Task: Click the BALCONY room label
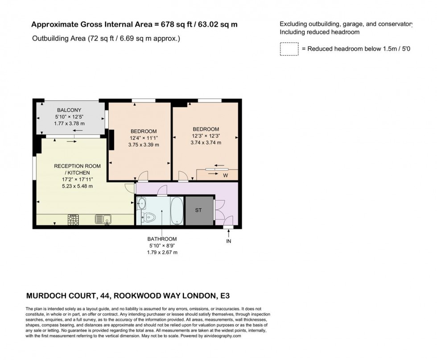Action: click(69, 110)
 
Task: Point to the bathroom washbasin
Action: click(141, 204)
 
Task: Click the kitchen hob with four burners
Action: click(73, 219)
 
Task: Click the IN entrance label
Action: click(229, 241)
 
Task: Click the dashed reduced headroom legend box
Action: click(289, 49)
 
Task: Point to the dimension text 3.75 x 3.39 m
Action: click(143, 145)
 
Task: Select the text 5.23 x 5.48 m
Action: click(77, 186)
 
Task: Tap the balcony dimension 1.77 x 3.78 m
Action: click(69, 124)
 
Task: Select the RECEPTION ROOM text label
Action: click(77, 166)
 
